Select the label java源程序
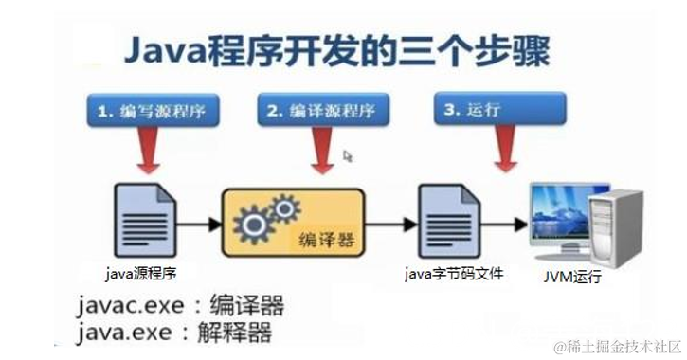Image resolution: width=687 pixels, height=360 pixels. click(x=142, y=273)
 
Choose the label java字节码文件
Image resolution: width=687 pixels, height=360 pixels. click(x=453, y=274)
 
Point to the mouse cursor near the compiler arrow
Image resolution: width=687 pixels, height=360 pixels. click(x=348, y=156)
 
